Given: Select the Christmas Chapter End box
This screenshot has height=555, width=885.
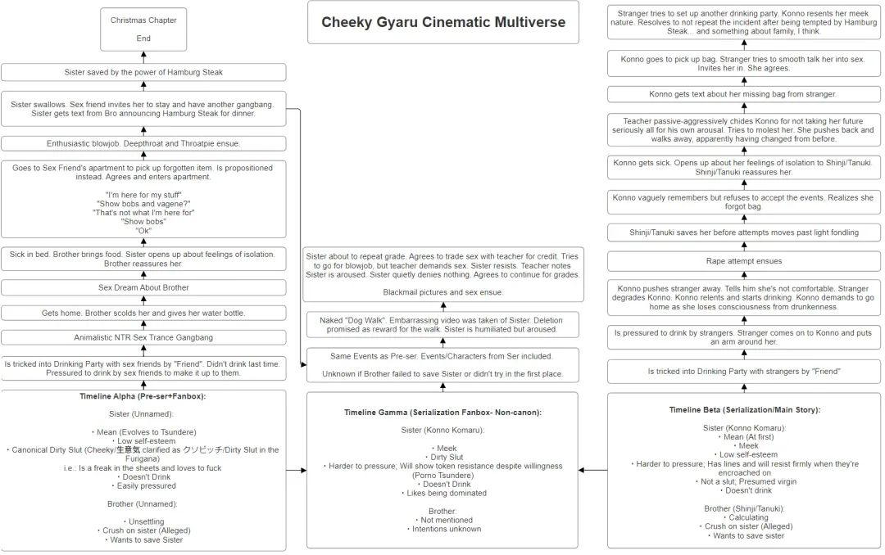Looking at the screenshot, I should [x=143, y=29].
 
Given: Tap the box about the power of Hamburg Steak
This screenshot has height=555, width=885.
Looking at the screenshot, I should [x=143, y=72].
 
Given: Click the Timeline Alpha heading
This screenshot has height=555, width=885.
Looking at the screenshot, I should [x=143, y=396].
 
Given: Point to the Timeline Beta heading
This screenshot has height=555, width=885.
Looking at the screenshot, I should [x=744, y=410].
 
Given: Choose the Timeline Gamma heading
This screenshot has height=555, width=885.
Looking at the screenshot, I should [x=442, y=413].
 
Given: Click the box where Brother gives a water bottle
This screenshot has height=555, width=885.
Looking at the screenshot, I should [x=143, y=313].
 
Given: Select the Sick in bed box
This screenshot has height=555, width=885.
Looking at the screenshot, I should [x=143, y=259].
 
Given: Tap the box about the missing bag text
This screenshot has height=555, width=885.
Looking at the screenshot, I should [x=744, y=94].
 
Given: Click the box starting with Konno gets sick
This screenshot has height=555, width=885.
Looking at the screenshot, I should [x=744, y=167].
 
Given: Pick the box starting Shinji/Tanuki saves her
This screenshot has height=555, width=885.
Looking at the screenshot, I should [x=744, y=232].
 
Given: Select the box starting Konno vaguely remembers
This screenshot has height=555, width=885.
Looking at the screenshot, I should [x=744, y=202].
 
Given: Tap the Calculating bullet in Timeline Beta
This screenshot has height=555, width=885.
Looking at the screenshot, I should [x=744, y=517].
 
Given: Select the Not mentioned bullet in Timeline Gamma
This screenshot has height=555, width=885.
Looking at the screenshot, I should [x=442, y=520].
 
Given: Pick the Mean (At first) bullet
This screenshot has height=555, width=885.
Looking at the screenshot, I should [x=744, y=436].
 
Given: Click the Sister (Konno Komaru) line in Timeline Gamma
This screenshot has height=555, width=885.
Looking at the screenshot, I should [x=442, y=431].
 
